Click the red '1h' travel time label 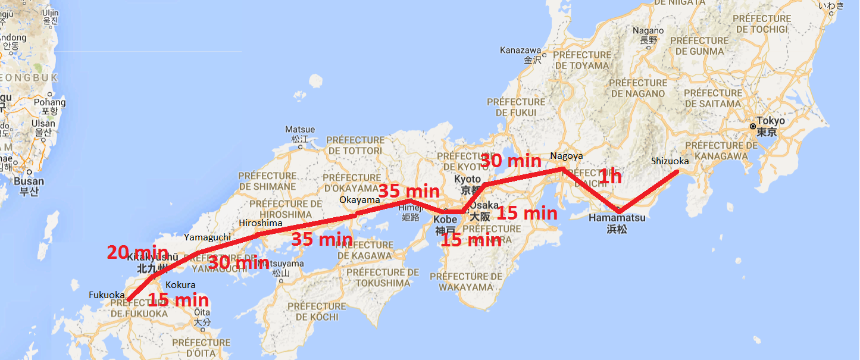coord(609,176)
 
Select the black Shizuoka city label coord(670,161)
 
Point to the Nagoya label coord(567,156)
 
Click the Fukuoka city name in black coord(107,295)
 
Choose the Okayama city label coord(359,200)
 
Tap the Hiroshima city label coord(260,223)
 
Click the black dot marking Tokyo coord(753,127)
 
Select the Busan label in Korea coord(29,181)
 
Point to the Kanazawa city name coord(520,50)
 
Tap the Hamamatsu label coord(617,218)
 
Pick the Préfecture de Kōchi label coord(316,311)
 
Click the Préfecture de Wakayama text coord(466,281)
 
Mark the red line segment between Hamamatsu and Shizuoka coord(649,191)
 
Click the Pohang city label coord(49,102)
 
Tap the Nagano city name coord(648,31)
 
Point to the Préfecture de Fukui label coord(512,107)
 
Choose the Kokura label coord(180,284)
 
